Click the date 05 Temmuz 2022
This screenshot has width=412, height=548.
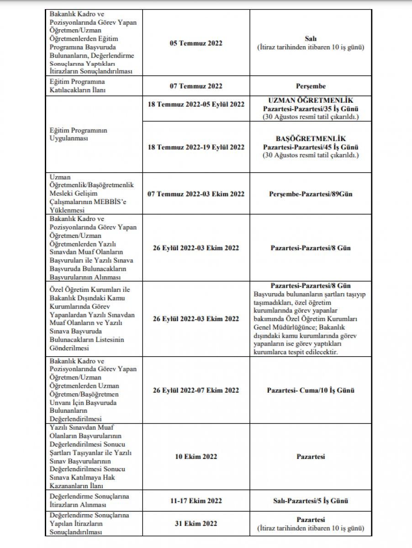[x=195, y=43]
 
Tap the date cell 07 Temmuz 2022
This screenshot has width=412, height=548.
[x=195, y=85]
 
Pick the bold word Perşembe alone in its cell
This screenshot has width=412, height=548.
[x=311, y=85]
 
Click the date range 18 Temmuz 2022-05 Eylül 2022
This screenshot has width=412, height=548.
[x=195, y=104]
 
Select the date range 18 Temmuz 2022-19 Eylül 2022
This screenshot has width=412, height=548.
[x=195, y=147]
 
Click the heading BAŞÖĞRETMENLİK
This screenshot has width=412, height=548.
[x=311, y=138]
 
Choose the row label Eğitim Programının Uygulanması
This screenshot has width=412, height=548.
[x=78, y=134]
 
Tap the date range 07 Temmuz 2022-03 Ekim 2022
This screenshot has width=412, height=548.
[x=195, y=194]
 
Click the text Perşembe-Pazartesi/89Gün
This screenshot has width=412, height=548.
[x=311, y=194]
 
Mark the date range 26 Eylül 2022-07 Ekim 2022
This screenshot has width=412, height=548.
[x=195, y=390]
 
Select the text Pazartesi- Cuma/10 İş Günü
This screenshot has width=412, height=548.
[x=311, y=390]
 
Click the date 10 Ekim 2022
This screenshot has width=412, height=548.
[x=195, y=456]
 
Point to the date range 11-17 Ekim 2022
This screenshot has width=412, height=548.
[x=195, y=501]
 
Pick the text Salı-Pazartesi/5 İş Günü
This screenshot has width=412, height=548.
[x=311, y=501]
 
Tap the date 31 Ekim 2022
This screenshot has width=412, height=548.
[x=195, y=524]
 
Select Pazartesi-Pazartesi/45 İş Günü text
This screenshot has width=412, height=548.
[x=311, y=147]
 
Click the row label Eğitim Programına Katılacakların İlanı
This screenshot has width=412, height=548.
[x=77, y=85]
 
